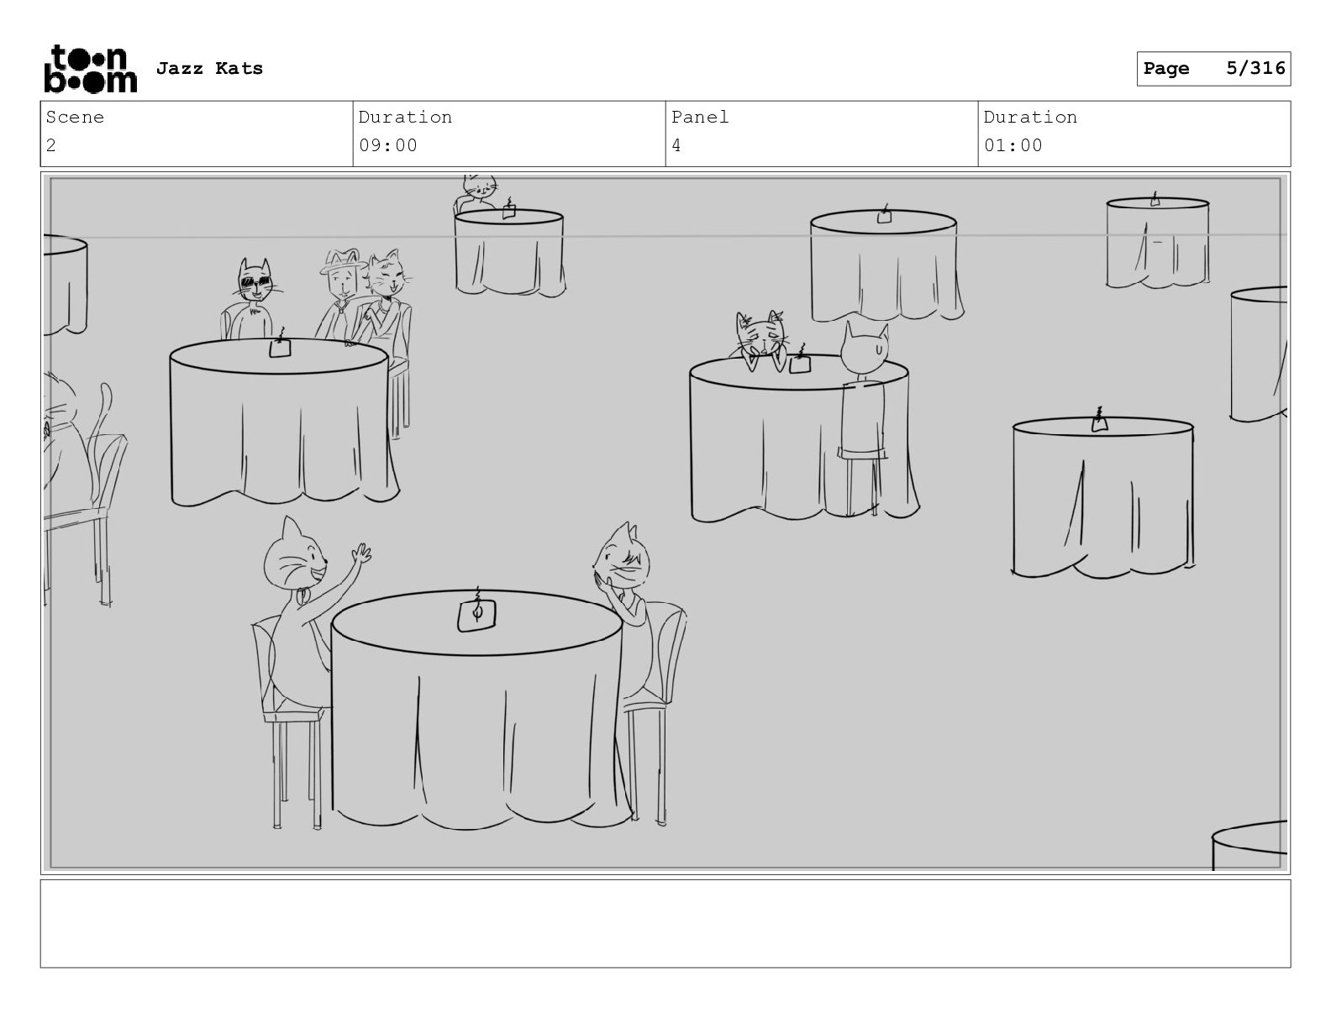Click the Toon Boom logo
click(x=91, y=69)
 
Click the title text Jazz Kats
click(x=209, y=68)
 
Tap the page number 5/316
click(x=1255, y=68)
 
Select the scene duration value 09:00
click(x=387, y=145)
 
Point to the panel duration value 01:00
click(x=1013, y=145)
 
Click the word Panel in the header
click(x=699, y=117)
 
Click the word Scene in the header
click(x=75, y=117)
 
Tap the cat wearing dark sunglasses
click(x=252, y=298)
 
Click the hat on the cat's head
click(x=342, y=260)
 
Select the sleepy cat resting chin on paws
click(x=760, y=340)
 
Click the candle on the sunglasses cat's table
click(x=280, y=344)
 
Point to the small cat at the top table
click(x=478, y=191)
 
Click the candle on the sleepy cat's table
click(x=799, y=360)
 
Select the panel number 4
click(x=676, y=145)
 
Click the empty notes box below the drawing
click(x=665, y=923)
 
